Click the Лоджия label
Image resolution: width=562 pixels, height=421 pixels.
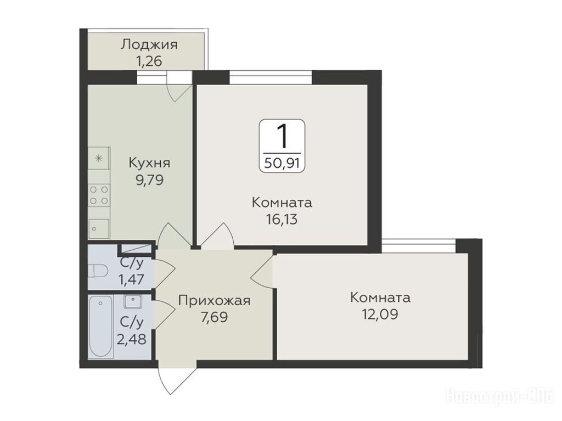point(149,45)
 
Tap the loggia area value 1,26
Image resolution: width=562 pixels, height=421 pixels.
point(148,61)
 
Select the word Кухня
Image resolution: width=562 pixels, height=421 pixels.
point(149,163)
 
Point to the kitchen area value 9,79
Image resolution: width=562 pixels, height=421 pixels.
point(149,179)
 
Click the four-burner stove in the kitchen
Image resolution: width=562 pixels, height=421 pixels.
point(99,195)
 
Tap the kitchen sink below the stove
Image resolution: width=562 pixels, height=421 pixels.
point(99,228)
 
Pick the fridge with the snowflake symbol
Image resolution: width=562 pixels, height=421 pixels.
point(99,158)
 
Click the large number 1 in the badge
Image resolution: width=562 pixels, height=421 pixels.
point(282,136)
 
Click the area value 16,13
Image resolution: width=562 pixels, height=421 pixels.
point(282,219)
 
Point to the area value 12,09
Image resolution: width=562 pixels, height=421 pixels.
point(380,315)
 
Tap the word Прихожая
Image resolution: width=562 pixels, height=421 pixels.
point(214,300)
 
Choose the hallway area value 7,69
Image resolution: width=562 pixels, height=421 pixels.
point(214,317)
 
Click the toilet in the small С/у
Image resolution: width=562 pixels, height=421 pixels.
point(98,271)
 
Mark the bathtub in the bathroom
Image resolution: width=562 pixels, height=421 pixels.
point(101,327)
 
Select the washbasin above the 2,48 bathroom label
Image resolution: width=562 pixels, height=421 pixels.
point(133,301)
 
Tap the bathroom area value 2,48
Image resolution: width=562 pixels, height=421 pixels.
point(132,339)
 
